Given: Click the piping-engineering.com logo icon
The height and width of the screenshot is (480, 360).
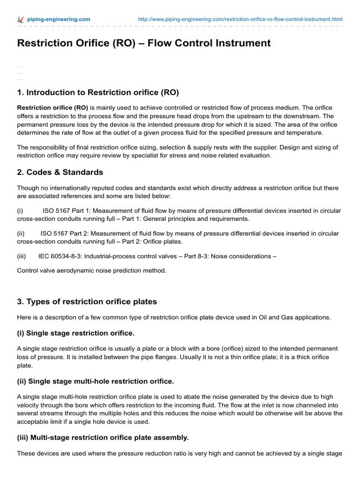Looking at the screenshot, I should click(20, 19).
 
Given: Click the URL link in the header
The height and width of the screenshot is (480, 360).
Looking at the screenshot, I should click(240, 19).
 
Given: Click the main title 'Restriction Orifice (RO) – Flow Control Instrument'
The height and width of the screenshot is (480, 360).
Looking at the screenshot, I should click(144, 43).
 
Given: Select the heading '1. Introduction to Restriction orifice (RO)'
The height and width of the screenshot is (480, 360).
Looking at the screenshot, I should click(98, 92).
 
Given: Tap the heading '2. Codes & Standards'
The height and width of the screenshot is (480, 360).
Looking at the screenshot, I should click(60, 172).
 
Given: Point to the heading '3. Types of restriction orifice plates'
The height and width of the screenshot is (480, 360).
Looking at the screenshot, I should click(87, 301).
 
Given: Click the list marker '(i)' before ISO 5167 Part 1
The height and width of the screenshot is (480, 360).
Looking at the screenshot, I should click(21, 210).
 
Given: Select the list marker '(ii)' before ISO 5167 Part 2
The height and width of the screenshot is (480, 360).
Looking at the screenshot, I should click(21, 233).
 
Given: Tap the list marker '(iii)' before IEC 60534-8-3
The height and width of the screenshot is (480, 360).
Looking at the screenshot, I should click(22, 256).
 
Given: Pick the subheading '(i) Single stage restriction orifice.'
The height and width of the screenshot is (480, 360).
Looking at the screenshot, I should click(75, 333).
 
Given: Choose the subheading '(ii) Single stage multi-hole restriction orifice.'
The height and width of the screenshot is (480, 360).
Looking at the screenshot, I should click(95, 381).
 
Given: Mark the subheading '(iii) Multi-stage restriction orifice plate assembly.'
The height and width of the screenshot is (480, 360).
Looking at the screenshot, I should click(103, 437).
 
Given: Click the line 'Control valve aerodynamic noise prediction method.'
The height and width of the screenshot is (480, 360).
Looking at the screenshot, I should click(92, 270).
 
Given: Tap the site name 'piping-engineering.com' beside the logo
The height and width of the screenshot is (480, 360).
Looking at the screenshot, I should click(59, 19).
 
